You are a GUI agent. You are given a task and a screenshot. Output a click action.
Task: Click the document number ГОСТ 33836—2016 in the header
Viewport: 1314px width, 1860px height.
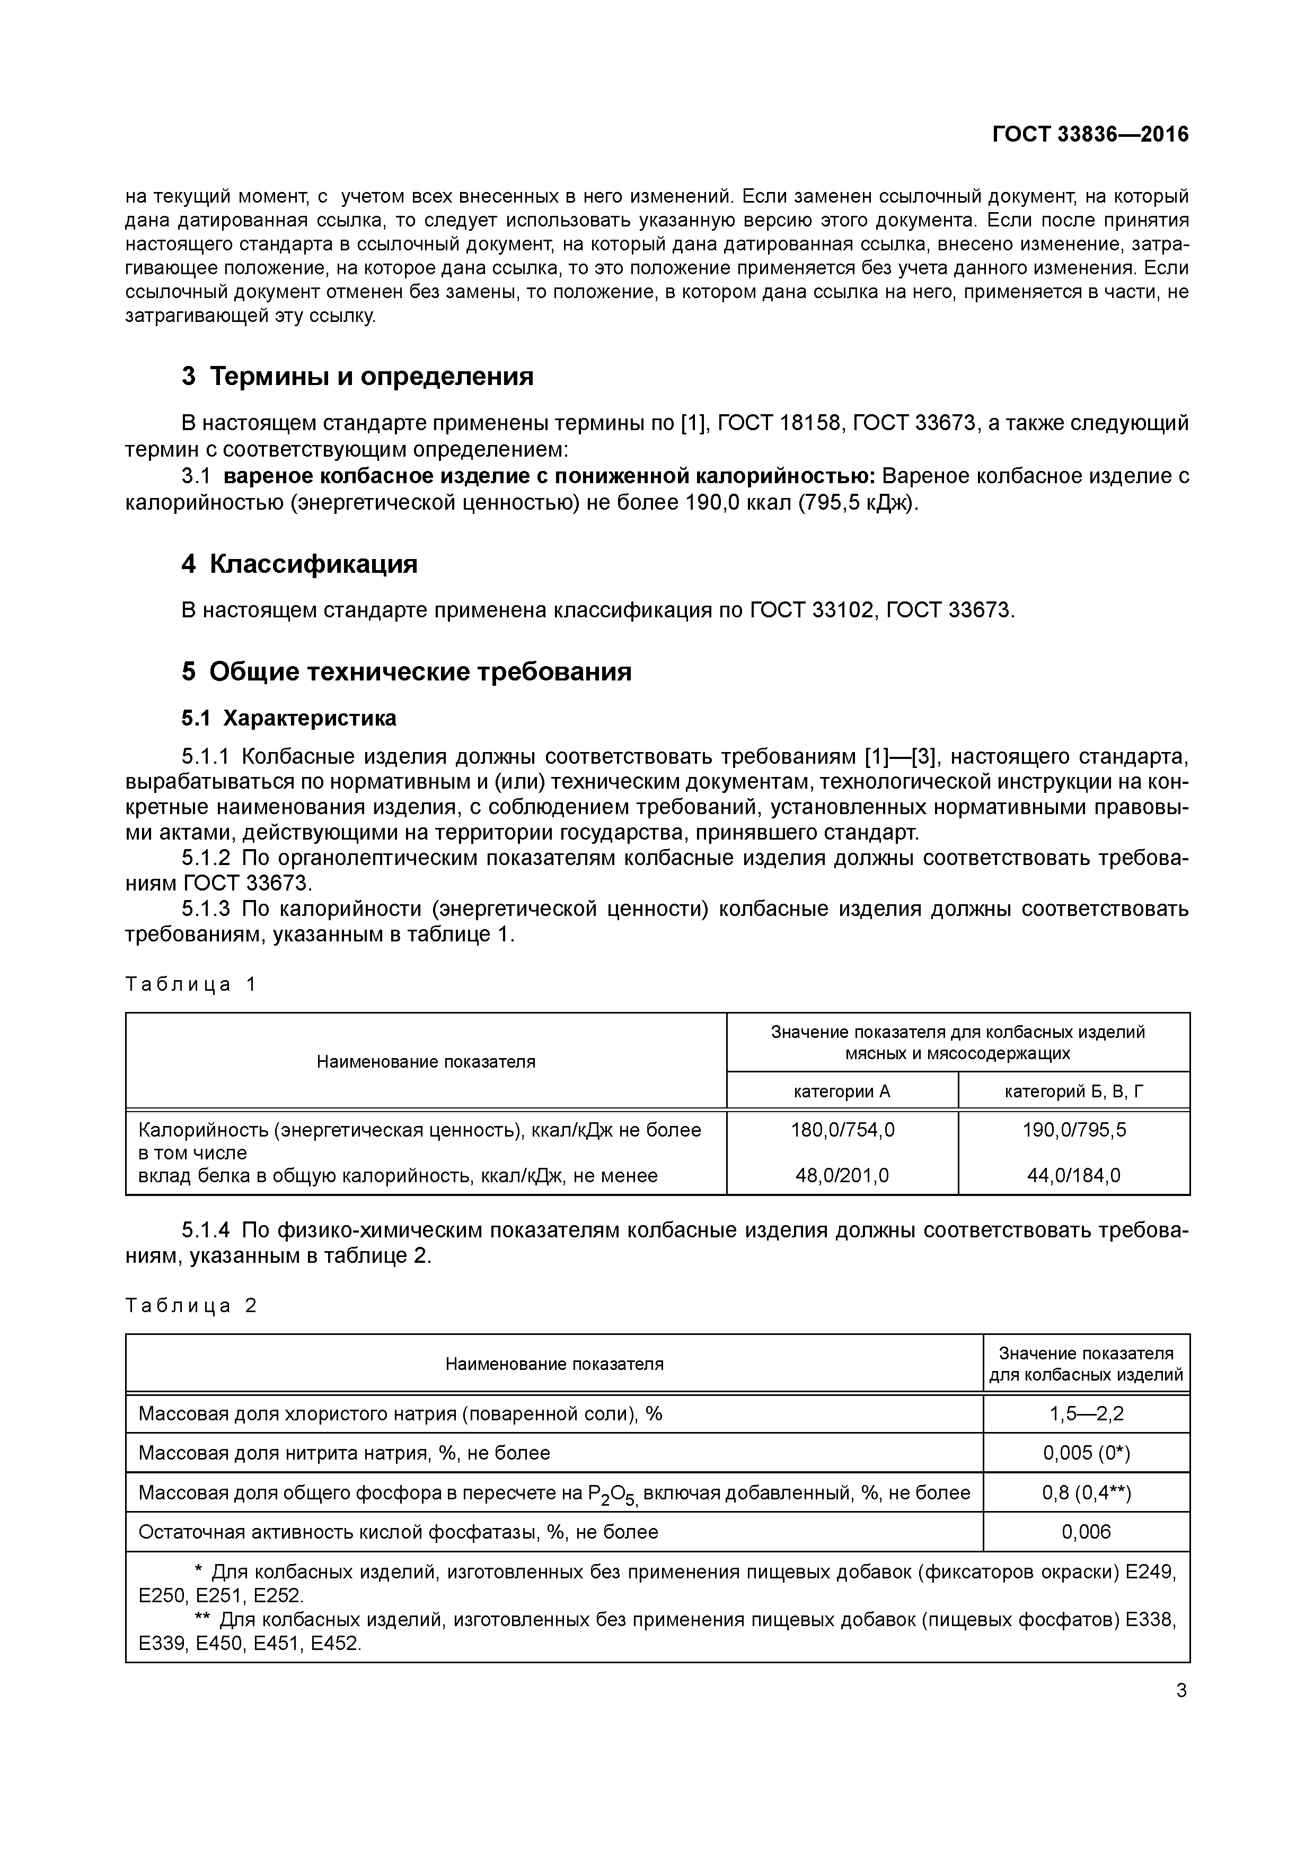(1090, 135)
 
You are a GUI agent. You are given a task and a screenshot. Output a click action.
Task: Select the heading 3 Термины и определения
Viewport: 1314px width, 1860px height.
(357, 376)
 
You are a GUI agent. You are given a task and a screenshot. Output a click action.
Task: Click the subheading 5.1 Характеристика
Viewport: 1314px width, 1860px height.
(289, 719)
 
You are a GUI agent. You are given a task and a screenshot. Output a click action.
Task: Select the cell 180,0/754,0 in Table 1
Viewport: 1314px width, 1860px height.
(842, 1129)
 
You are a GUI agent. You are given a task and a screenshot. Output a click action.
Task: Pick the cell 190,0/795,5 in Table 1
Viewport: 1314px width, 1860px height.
(1073, 1129)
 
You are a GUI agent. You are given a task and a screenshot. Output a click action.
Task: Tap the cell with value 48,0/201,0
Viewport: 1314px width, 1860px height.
(842, 1175)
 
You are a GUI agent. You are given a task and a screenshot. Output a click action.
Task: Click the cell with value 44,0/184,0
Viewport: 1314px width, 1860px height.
(1073, 1175)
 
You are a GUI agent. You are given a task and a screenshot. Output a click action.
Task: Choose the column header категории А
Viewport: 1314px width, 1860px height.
(842, 1091)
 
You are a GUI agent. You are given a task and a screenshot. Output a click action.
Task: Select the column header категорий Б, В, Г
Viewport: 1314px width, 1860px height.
(1073, 1091)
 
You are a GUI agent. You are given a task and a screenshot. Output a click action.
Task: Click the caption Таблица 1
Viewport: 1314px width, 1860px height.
(190, 984)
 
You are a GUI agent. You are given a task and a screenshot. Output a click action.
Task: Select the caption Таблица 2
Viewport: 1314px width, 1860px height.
(190, 1306)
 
